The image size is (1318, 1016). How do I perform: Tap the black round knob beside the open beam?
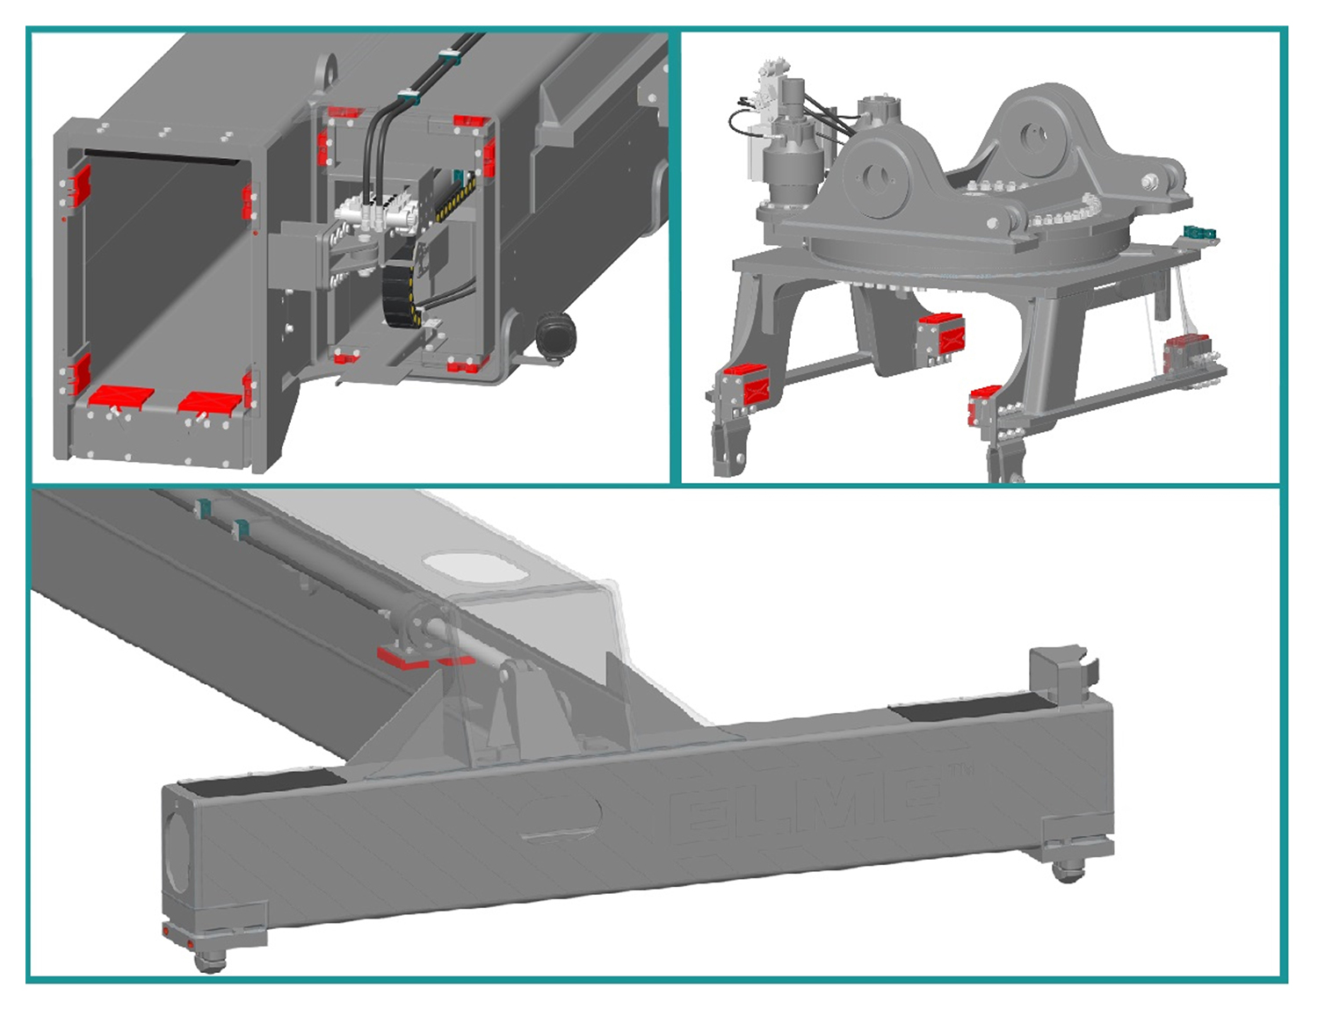tap(556, 334)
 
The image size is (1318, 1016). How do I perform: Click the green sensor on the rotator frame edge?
tap(1198, 233)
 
